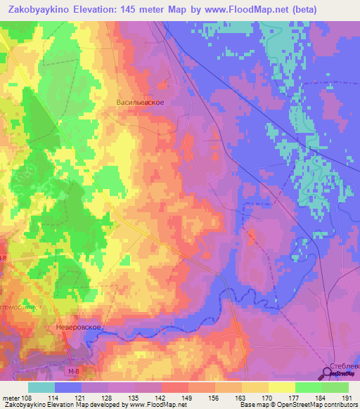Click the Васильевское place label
(140, 102)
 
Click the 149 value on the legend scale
(188, 398)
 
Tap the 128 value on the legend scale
(107, 398)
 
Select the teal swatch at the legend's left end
(41, 387)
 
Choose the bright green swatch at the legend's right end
(335, 387)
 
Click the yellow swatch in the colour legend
(282, 387)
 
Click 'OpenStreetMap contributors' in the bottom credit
(316, 405)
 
